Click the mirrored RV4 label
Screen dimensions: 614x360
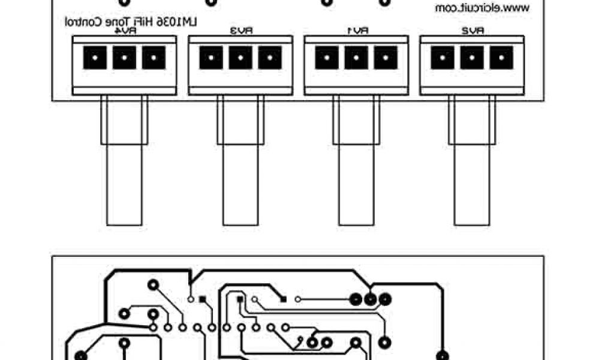pyautogui.click(x=124, y=31)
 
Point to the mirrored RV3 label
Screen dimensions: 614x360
pyautogui.click(x=240, y=31)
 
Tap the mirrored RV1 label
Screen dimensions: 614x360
pyautogui.click(x=356, y=31)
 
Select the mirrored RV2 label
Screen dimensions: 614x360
pyautogui.click(x=472, y=31)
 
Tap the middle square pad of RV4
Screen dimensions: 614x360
pyautogui.click(x=124, y=58)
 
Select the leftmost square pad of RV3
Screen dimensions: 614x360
pyautogui.click(x=210, y=58)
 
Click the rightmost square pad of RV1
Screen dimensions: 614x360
pyautogui.click(x=385, y=58)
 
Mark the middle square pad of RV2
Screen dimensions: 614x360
pyautogui.click(x=472, y=58)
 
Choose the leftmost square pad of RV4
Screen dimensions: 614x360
pyautogui.click(x=95, y=58)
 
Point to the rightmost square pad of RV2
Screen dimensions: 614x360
pyautogui.click(x=501, y=58)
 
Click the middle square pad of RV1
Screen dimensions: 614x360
pyautogui.click(x=356, y=58)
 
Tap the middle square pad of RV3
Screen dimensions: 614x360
pyautogui.click(x=240, y=58)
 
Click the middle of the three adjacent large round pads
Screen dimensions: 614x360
pyautogui.click(x=371, y=298)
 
